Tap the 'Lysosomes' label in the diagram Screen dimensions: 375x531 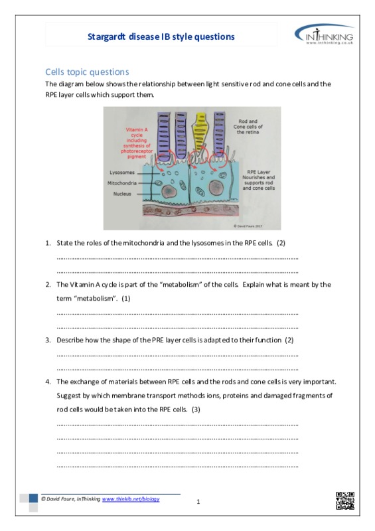coord(122,173)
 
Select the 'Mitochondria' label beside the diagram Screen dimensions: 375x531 coord(122,183)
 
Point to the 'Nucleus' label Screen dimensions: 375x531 coord(122,194)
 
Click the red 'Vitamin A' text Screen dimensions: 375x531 coord(137,129)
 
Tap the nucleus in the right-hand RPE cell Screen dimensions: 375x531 coord(216,188)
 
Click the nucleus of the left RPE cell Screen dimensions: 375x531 coord(169,192)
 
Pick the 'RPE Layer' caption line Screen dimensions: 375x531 coord(258,172)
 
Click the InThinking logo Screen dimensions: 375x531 coord(324,36)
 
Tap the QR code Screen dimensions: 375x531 coord(345,500)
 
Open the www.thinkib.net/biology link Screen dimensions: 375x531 coord(131,499)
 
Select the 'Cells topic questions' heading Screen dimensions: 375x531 coord(87,72)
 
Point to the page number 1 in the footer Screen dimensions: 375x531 coord(198,502)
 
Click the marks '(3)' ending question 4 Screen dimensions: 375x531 coord(196,410)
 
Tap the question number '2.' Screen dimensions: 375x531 coord(48,285)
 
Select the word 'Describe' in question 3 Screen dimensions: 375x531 coord(70,340)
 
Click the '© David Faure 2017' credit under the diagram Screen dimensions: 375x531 coord(248,226)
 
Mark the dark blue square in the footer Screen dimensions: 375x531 coord(33,498)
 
